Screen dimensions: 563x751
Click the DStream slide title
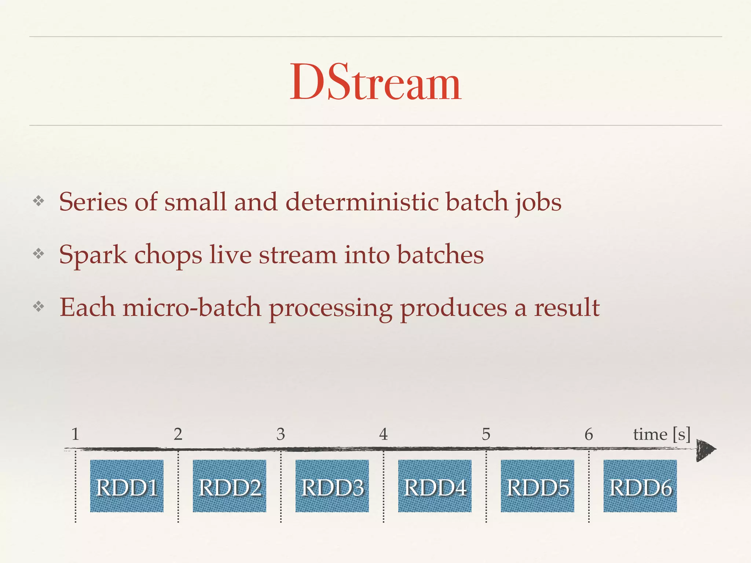pos(375,82)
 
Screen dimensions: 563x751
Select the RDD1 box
pos(127,486)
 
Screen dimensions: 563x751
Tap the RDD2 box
pos(230,486)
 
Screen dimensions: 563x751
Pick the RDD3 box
pos(332,486)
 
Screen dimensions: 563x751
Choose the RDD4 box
pos(435,486)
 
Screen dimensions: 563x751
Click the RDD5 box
pos(538,486)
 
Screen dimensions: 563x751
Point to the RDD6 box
pos(640,486)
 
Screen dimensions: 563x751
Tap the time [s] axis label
pos(662,434)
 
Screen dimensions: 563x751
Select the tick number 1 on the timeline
pos(76,434)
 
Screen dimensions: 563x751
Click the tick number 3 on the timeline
pos(281,434)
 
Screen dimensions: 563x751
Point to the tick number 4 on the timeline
pos(384,434)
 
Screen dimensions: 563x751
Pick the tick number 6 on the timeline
pos(589,434)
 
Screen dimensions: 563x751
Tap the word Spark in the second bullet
pos(93,255)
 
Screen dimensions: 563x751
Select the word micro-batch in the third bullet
pos(192,308)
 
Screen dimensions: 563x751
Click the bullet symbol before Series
pos(39,201)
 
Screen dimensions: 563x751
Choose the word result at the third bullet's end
pos(567,308)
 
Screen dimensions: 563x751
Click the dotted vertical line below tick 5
pos(486,487)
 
